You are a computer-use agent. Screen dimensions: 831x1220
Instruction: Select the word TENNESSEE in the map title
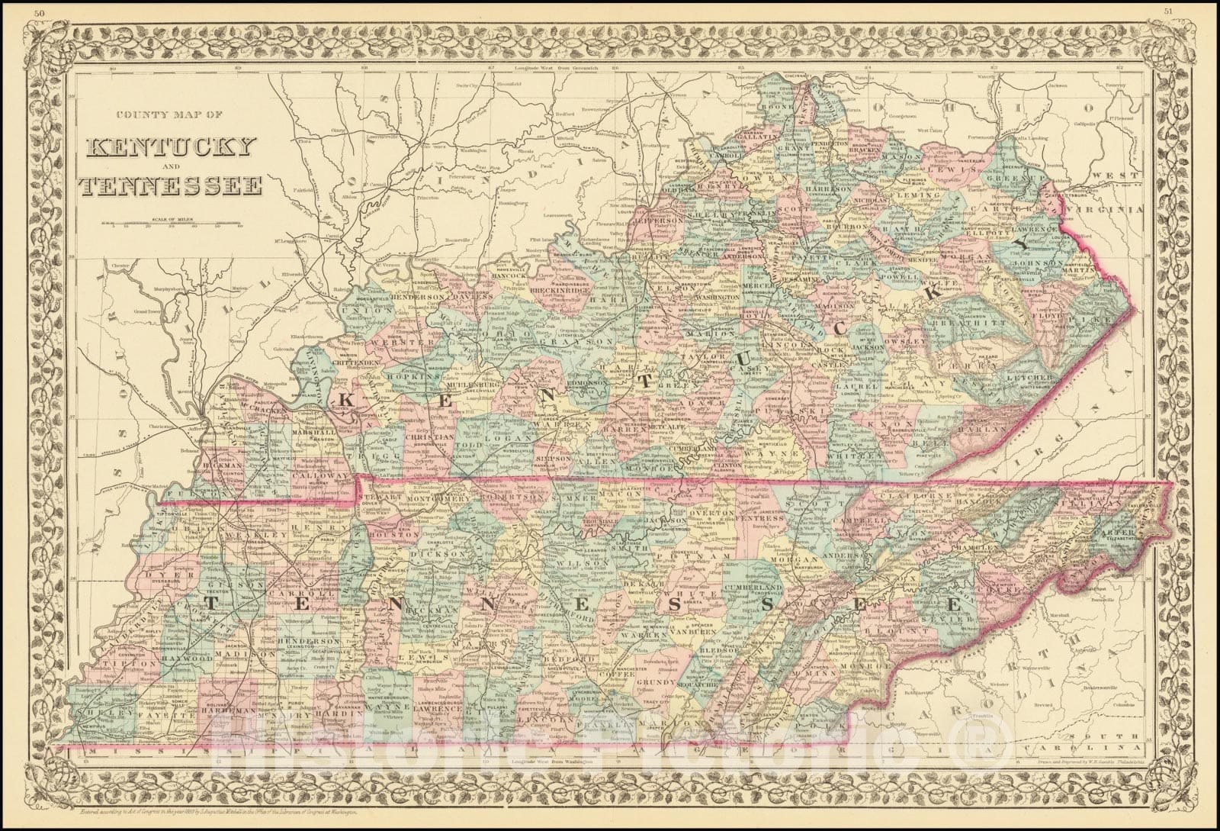pos(174,185)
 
